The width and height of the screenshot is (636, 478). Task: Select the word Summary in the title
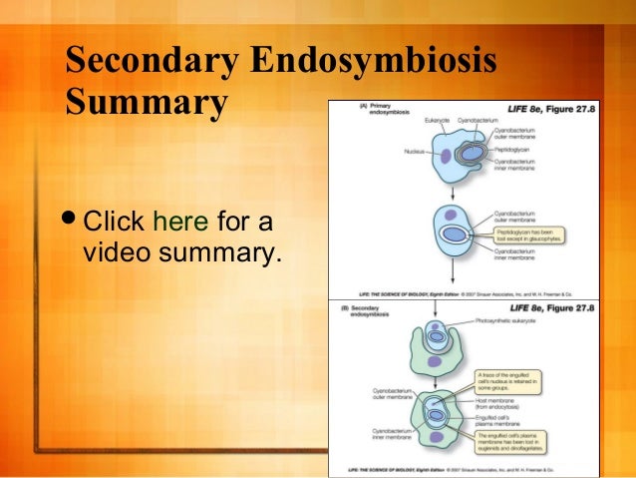coord(146,103)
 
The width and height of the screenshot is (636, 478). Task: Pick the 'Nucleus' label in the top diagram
coord(418,153)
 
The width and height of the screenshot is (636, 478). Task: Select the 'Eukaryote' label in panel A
coord(437,121)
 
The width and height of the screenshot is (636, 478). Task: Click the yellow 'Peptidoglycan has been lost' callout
coord(527,238)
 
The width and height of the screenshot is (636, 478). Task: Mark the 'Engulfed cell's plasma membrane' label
coord(519,421)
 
